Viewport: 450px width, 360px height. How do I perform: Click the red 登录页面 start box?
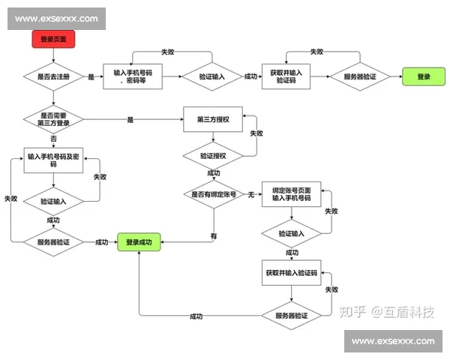point(53,39)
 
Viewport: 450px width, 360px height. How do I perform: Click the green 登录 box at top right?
point(424,76)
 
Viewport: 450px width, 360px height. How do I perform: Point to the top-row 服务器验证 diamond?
point(360,76)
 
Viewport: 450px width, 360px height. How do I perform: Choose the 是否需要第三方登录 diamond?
point(53,120)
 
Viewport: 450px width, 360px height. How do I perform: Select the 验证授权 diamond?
point(213,156)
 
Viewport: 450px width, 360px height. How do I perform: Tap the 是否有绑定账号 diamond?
point(214,194)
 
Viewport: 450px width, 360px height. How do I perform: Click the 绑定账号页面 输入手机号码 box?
point(291,194)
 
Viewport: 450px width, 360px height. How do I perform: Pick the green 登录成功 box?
point(139,242)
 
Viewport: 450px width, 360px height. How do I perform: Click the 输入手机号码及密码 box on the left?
point(53,160)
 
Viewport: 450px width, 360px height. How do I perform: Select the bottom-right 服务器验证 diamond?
point(291,316)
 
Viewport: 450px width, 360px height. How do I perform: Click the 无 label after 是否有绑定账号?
point(251,194)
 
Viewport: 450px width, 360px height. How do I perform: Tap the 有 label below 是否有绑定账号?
point(214,235)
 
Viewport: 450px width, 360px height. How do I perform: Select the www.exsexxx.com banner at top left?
point(56,18)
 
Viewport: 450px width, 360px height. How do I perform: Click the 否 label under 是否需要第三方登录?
point(53,139)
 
